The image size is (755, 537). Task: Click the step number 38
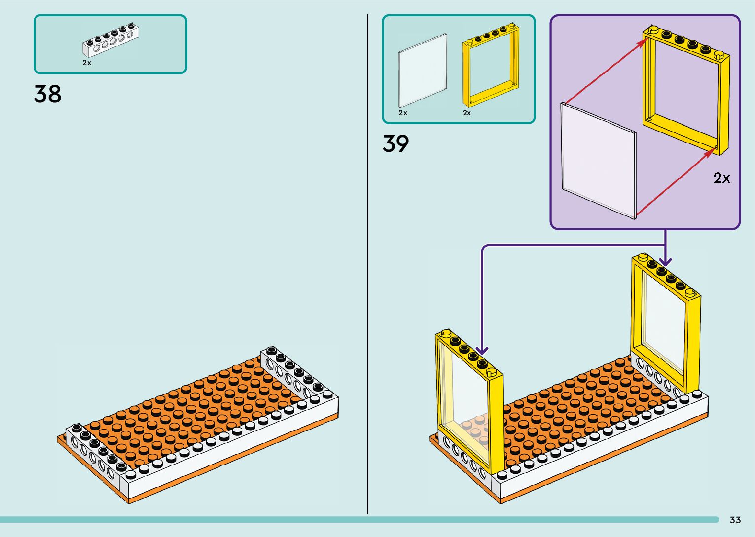coord(48,94)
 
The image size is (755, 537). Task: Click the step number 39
coord(395,143)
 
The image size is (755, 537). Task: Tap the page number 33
coord(735,520)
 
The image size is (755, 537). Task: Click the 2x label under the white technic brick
coord(87,63)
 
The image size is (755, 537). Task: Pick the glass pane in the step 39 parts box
coord(423,70)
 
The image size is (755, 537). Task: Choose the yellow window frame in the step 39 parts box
coord(491,67)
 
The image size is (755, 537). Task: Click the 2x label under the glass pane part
coord(403,113)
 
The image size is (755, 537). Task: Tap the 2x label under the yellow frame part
coord(467,113)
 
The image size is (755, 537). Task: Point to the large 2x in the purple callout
coord(721,178)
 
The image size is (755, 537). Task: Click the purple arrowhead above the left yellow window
coord(482,351)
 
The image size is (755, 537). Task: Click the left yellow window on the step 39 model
coord(468,399)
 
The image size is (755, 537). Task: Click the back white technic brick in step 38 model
coord(293,375)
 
